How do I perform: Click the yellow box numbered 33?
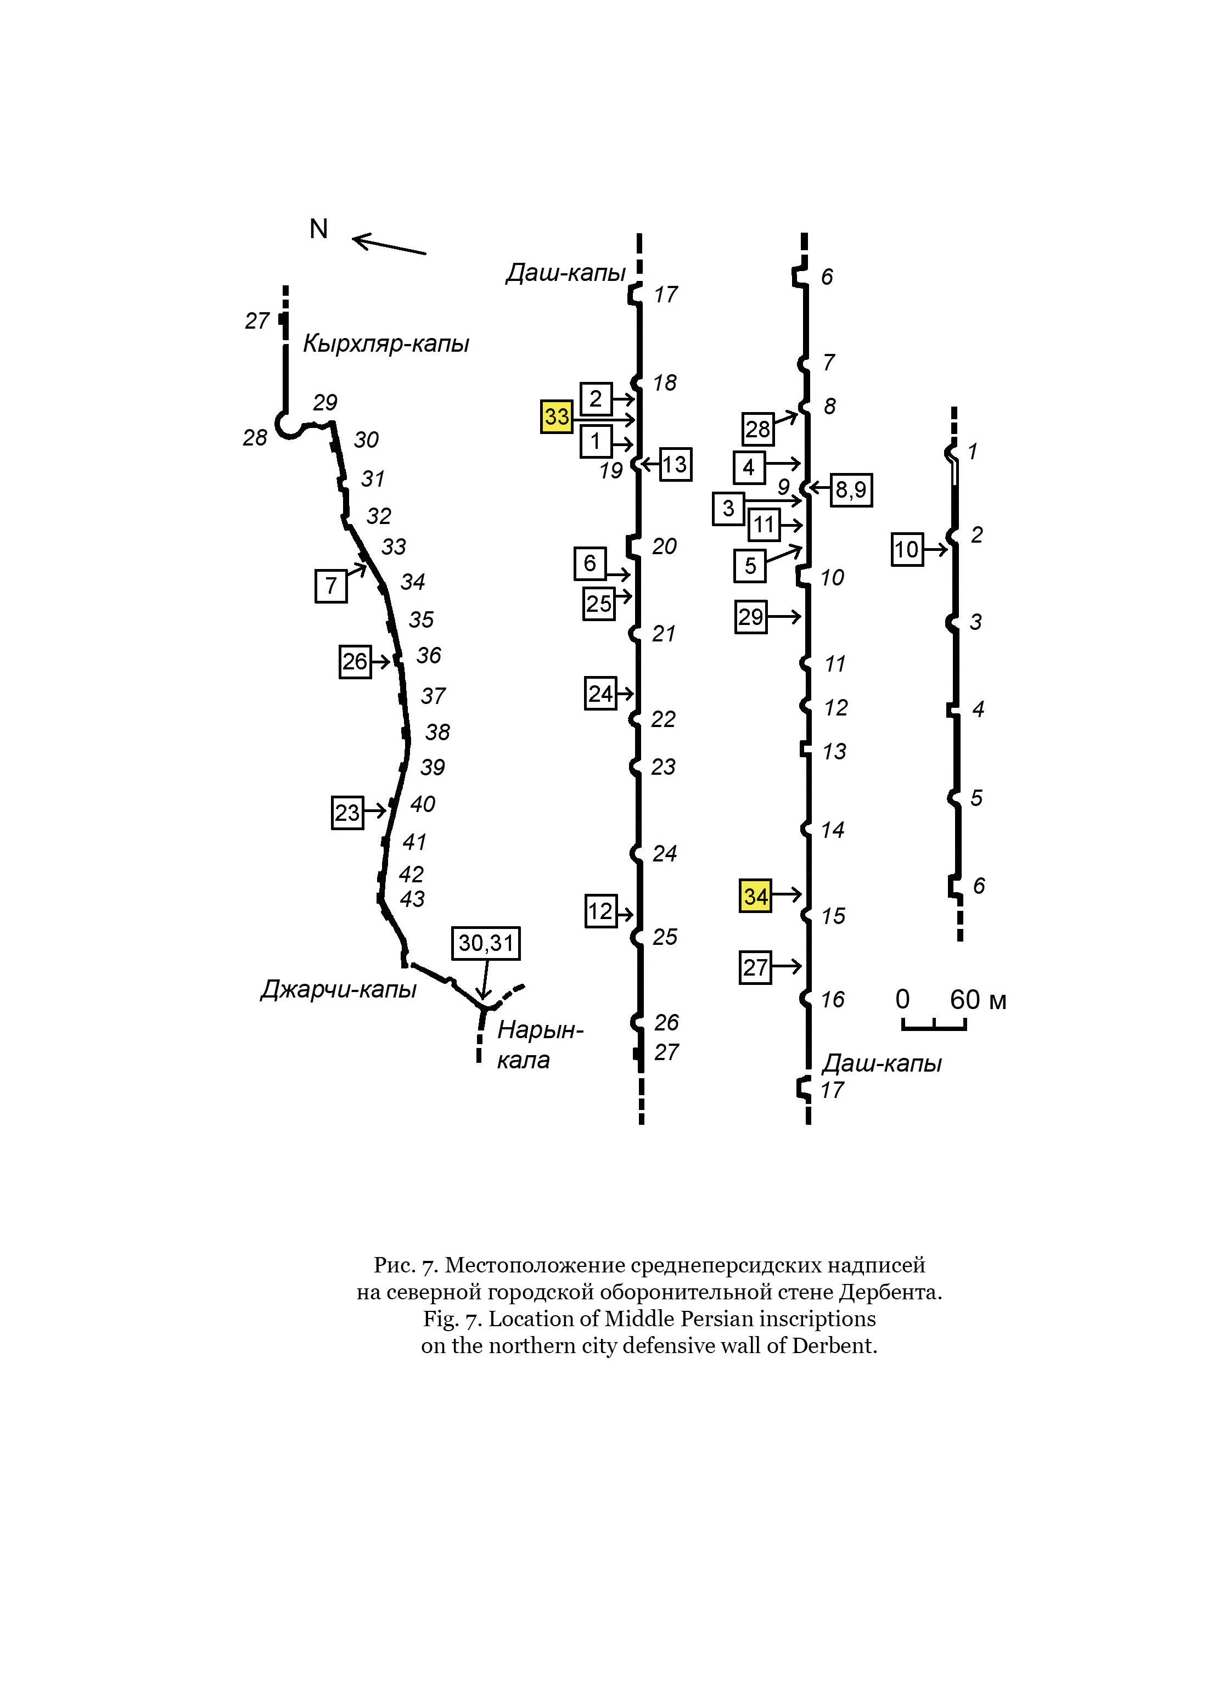556,416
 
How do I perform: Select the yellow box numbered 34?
756,896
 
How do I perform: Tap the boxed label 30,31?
486,943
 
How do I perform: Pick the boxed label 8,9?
851,490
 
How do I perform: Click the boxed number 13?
675,465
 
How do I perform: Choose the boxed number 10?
907,549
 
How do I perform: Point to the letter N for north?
319,229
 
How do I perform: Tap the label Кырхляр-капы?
386,343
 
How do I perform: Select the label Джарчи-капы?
338,989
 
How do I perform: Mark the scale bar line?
934,1028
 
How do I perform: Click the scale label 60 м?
978,1000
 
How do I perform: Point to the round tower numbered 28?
287,425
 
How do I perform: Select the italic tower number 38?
437,733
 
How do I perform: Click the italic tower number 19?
611,471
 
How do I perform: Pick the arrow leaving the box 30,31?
485,981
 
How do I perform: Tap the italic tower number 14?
833,830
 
